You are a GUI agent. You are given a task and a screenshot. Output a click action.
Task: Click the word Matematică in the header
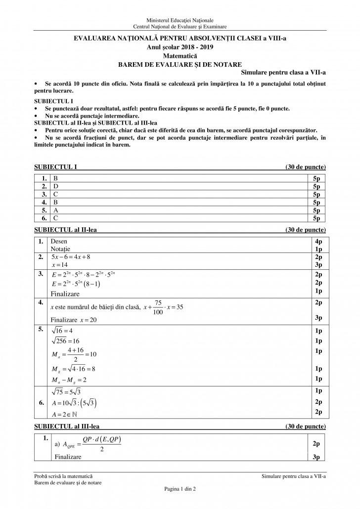point(180,57)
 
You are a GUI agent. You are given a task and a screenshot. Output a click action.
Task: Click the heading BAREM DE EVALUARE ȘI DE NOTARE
point(180,64)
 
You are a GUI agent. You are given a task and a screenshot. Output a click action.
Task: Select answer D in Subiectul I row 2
point(55,186)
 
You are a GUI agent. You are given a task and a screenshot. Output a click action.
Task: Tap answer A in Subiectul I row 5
point(55,210)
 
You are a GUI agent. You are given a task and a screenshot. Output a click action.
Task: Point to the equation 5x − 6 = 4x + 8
point(71,257)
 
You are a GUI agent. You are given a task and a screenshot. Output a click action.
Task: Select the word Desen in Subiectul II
point(59,241)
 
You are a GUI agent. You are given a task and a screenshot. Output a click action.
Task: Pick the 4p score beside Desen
point(317,241)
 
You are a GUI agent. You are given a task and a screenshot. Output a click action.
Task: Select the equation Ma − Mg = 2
point(69,380)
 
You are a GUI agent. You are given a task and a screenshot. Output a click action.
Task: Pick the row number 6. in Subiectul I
point(44,217)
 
